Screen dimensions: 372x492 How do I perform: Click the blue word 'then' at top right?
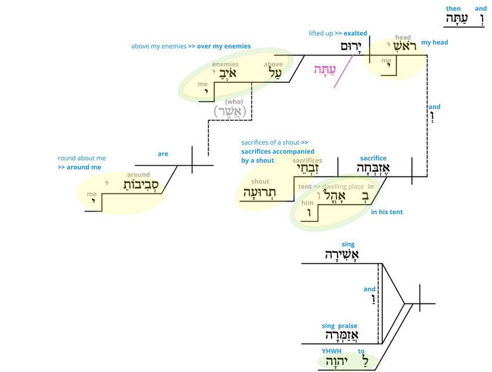(x=453, y=9)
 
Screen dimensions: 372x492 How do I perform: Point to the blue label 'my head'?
(x=434, y=42)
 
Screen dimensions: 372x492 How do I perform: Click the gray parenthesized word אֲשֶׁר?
(x=230, y=111)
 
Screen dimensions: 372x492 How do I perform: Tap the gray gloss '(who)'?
(x=233, y=101)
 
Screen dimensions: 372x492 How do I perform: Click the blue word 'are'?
(x=163, y=154)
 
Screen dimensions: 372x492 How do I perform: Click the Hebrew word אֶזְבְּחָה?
(x=373, y=168)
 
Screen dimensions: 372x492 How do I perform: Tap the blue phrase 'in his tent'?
(x=386, y=212)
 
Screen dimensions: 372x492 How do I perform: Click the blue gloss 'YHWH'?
(x=329, y=351)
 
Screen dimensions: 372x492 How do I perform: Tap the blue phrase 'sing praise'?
(x=339, y=325)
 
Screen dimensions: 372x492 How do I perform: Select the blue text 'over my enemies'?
(x=219, y=46)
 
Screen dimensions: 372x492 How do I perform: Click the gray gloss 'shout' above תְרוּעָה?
(x=260, y=181)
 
